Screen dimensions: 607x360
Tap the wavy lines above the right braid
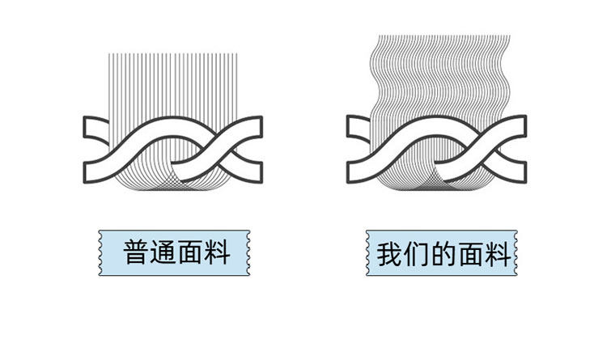437,73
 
